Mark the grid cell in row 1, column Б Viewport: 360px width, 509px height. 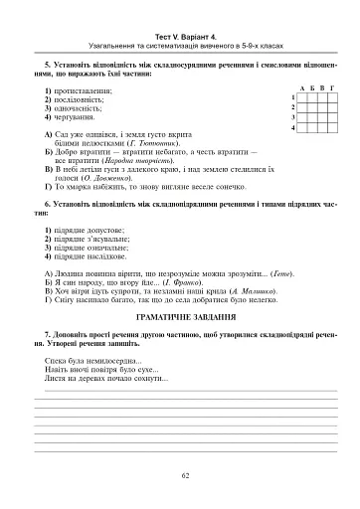pyautogui.click(x=310, y=97)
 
